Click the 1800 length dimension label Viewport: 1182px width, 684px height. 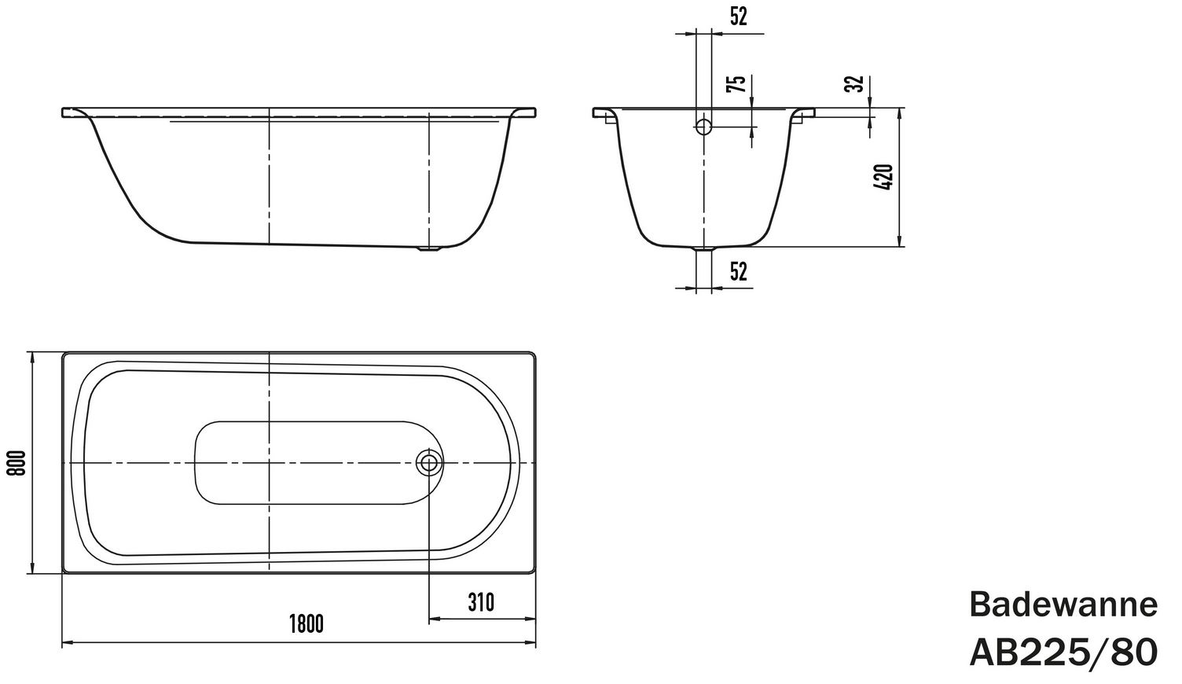306,624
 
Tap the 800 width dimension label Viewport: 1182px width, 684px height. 16,463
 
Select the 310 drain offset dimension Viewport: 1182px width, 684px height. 481,603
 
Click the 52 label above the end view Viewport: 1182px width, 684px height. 739,17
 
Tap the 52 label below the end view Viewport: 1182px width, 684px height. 739,272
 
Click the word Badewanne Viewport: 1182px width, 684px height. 1063,605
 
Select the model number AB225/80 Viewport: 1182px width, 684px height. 1063,653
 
